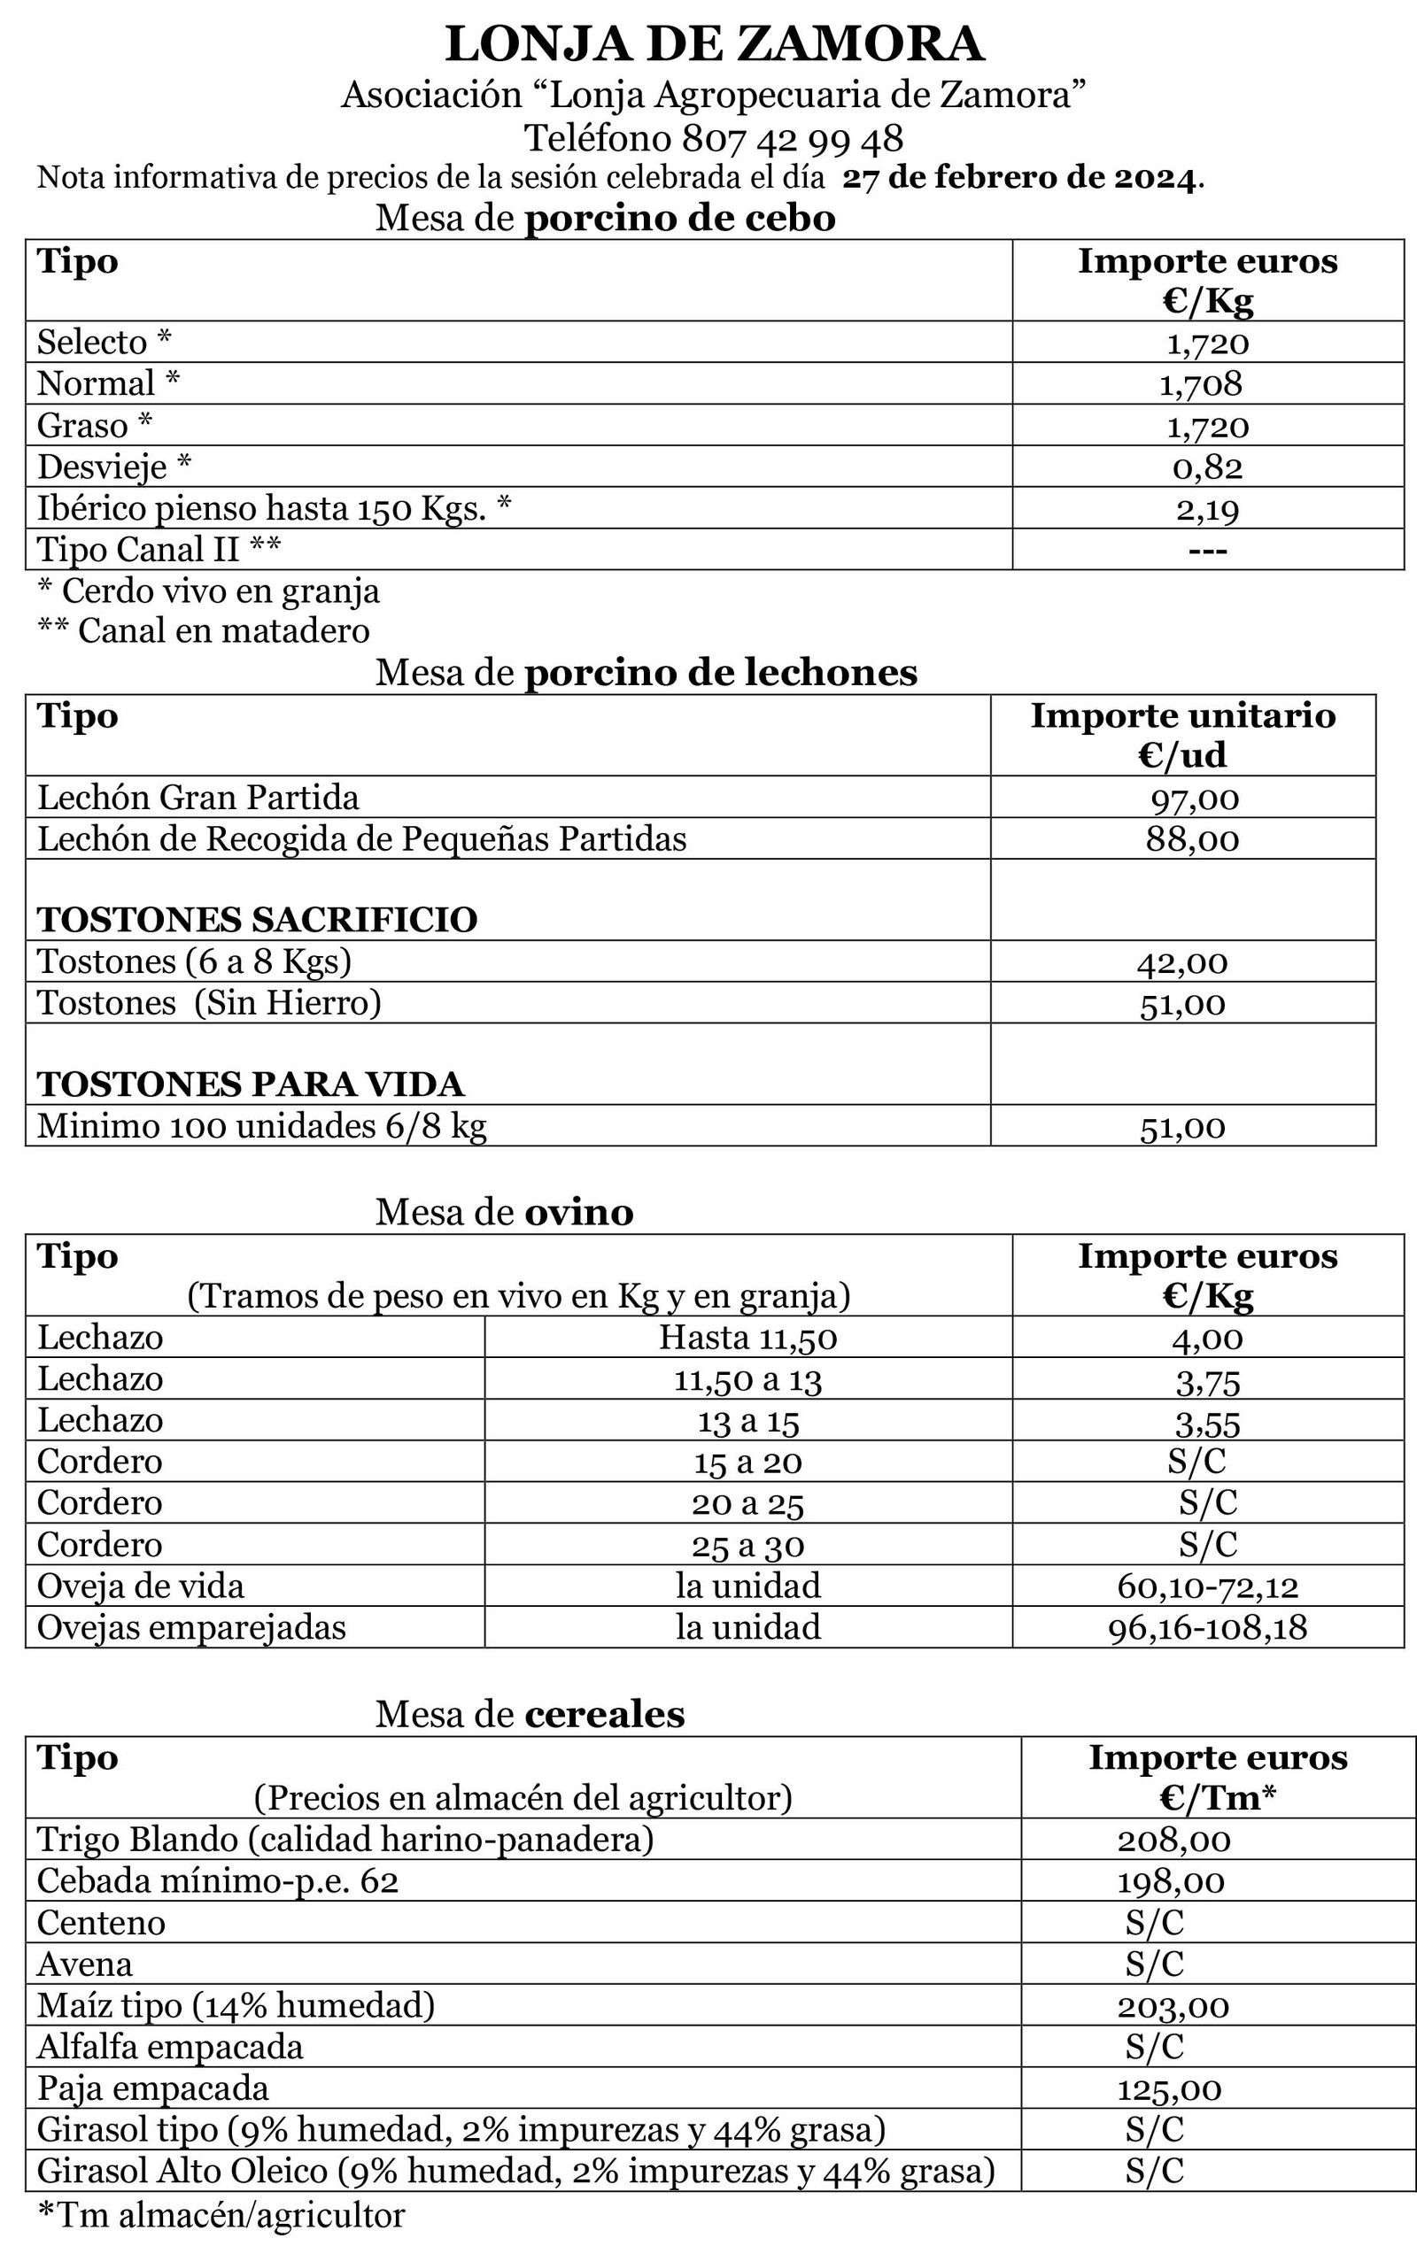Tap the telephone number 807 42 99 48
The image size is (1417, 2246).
pos(792,139)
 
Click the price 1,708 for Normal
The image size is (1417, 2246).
pos(1201,384)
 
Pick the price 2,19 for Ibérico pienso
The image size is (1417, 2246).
pos(1207,509)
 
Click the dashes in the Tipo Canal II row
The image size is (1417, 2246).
pos(1207,551)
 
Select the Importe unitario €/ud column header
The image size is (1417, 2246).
pos(1182,735)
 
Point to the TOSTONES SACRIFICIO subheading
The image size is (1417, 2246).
pos(257,920)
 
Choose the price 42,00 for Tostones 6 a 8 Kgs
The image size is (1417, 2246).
pos(1182,962)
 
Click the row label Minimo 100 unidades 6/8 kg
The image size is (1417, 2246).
pos(261,1127)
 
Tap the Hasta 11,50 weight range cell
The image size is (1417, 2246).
pos(747,1339)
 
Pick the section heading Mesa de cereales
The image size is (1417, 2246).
pos(529,1714)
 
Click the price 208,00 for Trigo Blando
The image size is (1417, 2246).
pos(1173,1841)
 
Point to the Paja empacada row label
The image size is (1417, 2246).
pos(152,2088)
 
